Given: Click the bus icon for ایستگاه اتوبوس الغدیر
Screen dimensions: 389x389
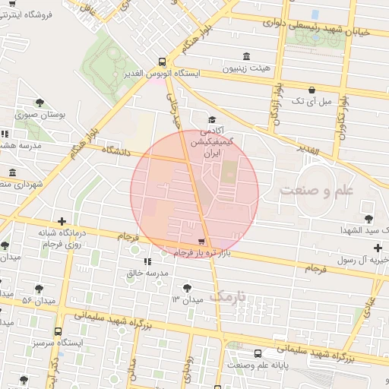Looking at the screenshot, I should (161, 62).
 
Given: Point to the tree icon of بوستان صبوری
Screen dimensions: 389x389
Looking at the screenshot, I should (40, 103).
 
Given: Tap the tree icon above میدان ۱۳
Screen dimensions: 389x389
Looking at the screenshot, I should (187, 287).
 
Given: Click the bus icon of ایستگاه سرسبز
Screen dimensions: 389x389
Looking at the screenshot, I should (59, 331).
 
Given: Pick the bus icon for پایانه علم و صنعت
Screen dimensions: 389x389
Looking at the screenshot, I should (258, 353).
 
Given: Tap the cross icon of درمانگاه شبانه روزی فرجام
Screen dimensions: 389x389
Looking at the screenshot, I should (62, 222).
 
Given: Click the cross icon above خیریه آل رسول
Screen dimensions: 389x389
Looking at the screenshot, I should (378, 248).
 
